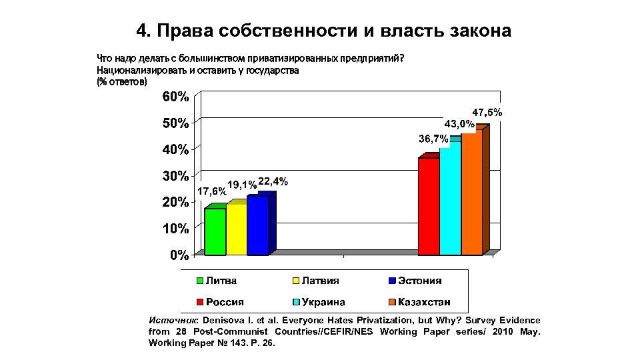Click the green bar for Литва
pyautogui.click(x=215, y=231)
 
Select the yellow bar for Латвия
pyautogui.click(x=236, y=229)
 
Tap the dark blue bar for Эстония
pyautogui.click(x=257, y=225)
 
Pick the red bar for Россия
pyautogui.click(x=429, y=206)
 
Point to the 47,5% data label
pyautogui.click(x=487, y=113)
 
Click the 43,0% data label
pyautogui.click(x=459, y=124)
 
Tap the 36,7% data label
pyautogui.click(x=433, y=139)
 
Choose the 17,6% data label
pyautogui.click(x=211, y=192)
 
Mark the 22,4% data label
pyautogui.click(x=273, y=181)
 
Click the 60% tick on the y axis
pyautogui.click(x=175, y=97)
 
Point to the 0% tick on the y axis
pyautogui.click(x=178, y=255)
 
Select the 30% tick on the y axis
pyautogui.click(x=175, y=177)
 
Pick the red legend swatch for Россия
pyautogui.click(x=199, y=302)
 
